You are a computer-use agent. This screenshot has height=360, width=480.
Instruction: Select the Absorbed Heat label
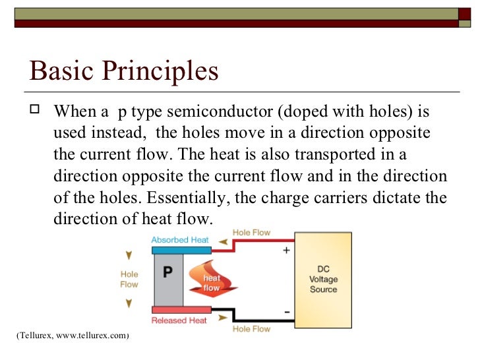[180, 240]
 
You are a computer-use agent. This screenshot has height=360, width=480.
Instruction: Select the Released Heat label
[179, 320]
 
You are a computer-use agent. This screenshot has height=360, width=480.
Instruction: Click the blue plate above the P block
[181, 250]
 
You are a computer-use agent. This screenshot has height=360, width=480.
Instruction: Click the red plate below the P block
[181, 310]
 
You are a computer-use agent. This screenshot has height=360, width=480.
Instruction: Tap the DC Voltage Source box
[323, 280]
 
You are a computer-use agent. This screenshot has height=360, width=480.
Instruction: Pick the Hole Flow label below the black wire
[251, 328]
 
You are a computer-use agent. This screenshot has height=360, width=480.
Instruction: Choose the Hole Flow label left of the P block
[129, 280]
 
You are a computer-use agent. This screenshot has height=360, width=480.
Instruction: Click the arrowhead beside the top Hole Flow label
[223, 242]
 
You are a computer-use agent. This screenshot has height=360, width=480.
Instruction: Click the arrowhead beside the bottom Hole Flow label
[223, 319]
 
